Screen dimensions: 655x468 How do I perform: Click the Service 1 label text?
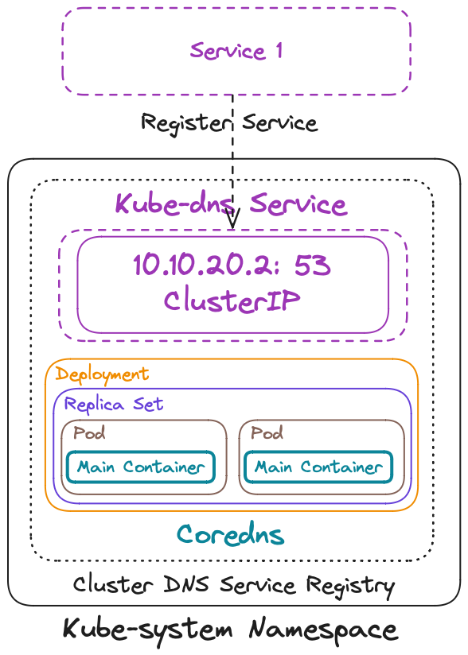(236, 51)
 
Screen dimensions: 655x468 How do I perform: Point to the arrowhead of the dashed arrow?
(232, 222)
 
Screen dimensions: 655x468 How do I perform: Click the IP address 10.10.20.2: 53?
(232, 265)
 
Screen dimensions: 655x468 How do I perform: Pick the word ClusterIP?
(232, 300)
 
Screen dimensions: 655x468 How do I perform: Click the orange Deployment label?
(102, 374)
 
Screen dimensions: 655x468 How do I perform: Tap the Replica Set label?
(114, 404)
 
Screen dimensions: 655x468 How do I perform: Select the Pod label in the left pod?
(89, 434)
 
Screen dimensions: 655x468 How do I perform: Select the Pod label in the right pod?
(267, 434)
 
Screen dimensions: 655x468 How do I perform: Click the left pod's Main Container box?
(141, 467)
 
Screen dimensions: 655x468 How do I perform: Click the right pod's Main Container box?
(318, 467)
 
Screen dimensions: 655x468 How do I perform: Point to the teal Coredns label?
(230, 533)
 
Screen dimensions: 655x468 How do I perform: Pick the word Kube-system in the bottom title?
(148, 630)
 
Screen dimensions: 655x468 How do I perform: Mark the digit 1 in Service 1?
(278, 51)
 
